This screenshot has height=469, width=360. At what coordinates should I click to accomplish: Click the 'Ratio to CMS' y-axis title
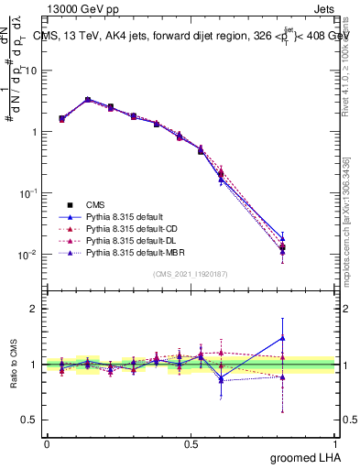coord(13,365)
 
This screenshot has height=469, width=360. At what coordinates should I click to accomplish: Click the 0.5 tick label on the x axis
coord(193,443)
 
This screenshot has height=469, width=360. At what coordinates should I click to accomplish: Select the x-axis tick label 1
coord(337,443)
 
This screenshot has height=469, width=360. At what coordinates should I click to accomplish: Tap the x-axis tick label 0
coord(47,443)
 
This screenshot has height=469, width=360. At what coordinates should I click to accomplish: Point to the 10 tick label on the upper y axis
coord(31,71)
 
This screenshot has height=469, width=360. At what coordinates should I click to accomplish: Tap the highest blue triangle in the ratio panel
coord(282,338)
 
